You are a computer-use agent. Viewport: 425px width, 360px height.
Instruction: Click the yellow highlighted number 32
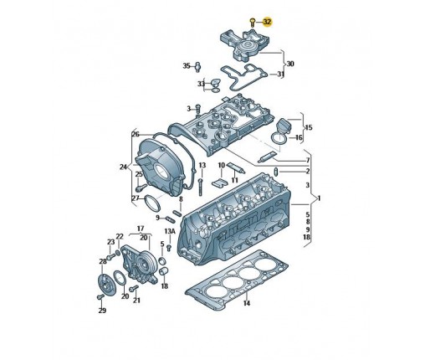[267, 22]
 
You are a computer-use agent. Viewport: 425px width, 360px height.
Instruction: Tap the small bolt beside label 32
[253, 23]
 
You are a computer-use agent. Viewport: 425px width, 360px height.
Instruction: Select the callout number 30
[290, 64]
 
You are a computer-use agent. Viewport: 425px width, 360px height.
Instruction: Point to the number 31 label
[280, 75]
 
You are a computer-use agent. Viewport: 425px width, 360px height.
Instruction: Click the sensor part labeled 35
[198, 66]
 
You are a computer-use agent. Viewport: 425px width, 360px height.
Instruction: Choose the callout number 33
[201, 84]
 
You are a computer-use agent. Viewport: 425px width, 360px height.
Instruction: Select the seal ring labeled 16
[278, 139]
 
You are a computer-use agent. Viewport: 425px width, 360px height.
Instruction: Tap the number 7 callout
[308, 161]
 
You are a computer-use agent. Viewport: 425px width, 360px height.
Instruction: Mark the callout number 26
[136, 135]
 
